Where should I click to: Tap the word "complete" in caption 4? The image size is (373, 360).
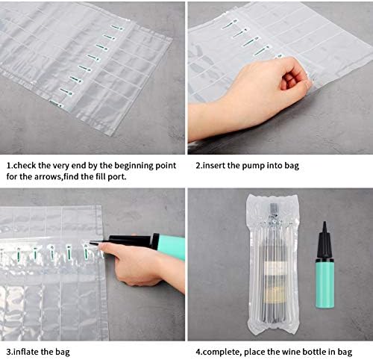222,353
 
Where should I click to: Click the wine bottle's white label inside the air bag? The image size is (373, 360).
273,268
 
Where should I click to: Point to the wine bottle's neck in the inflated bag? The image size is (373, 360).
274,211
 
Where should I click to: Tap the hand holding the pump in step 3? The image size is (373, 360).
134,264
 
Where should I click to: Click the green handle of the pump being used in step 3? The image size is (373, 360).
172,247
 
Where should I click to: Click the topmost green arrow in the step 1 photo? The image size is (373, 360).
116,28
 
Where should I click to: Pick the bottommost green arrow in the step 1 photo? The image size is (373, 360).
56,103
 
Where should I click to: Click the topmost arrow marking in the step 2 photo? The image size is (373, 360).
229,24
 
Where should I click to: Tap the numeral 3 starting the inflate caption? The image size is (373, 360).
9,353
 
